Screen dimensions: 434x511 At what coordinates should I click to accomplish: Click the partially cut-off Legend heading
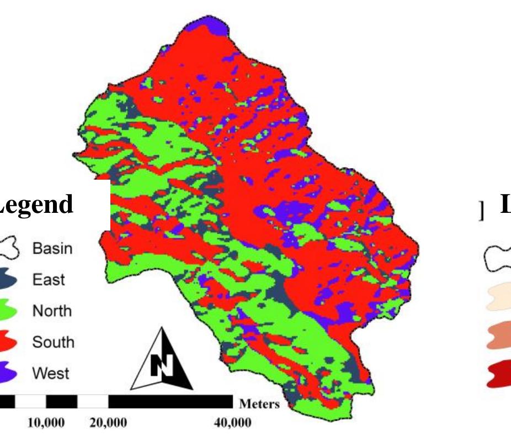[x=36, y=204]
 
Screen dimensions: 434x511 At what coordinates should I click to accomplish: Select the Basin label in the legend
[x=52, y=249]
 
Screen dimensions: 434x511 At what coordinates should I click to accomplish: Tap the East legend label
[x=48, y=280]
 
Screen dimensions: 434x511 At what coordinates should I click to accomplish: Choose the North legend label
[x=52, y=311]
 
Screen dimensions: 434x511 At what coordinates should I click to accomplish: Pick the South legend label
[x=53, y=342]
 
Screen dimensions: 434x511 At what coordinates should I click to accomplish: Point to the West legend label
[x=50, y=374]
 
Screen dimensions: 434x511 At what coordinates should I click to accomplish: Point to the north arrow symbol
[x=161, y=359]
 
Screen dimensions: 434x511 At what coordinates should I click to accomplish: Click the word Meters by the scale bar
[x=259, y=404]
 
